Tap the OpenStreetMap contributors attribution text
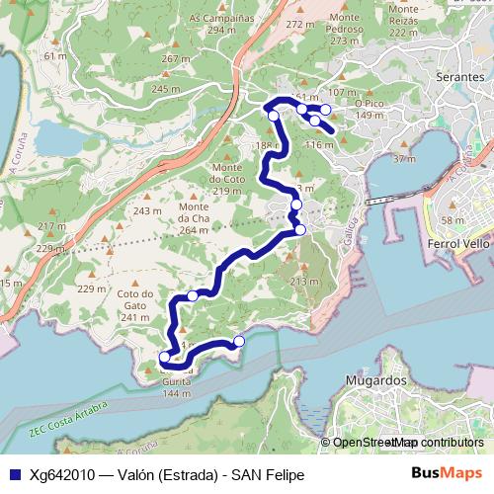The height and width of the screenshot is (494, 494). (x=408, y=443)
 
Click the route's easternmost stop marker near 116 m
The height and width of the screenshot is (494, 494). (x=325, y=109)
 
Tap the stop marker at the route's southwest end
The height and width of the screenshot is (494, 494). (x=164, y=358)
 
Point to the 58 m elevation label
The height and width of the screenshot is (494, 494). (x=453, y=219)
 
